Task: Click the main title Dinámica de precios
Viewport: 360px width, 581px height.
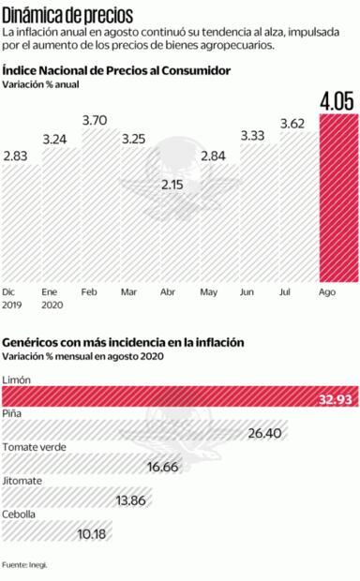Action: click(67, 14)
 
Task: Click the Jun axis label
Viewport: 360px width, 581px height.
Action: click(247, 291)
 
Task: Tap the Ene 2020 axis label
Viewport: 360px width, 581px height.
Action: click(53, 298)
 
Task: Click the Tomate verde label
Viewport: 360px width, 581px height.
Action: click(34, 447)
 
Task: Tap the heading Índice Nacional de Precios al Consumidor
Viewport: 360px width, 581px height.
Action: click(116, 70)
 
